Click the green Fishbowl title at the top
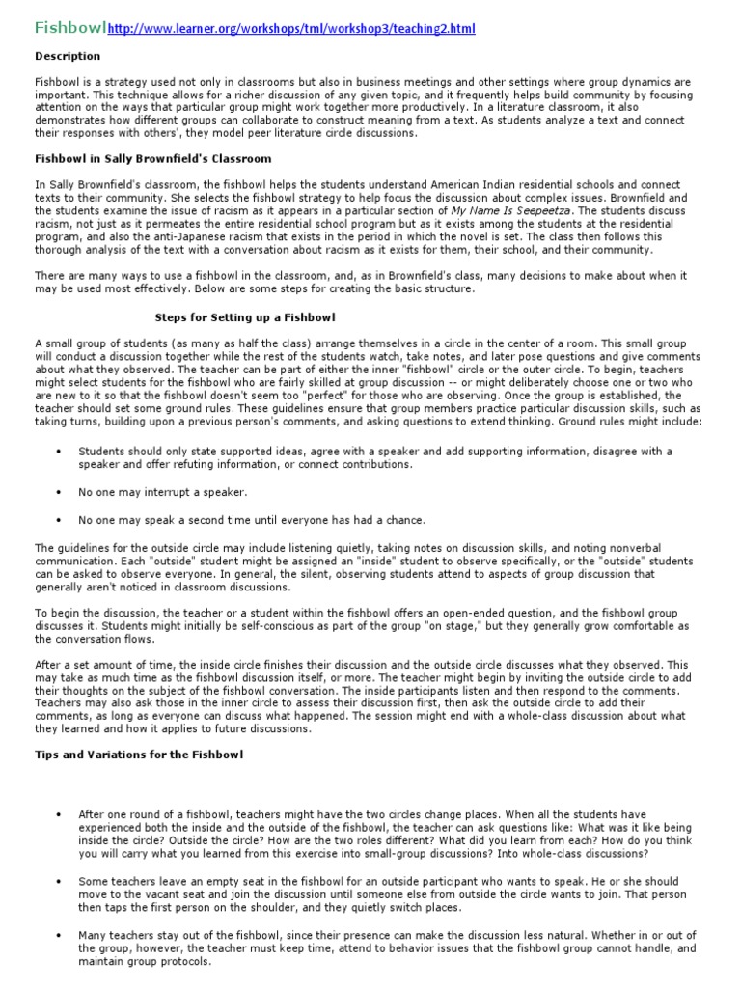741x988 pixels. (x=70, y=28)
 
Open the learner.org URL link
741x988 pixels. (x=291, y=30)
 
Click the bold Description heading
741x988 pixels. (x=69, y=56)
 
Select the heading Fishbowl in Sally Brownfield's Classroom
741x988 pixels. (x=153, y=158)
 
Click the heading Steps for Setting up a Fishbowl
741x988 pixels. (x=245, y=316)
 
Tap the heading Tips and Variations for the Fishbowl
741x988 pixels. (x=139, y=754)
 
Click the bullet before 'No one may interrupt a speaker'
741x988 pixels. (x=60, y=492)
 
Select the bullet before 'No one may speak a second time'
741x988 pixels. (x=60, y=520)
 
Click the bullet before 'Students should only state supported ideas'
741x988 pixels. (x=60, y=452)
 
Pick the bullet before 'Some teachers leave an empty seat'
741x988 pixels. (x=60, y=882)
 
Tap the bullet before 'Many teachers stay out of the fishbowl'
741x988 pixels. (x=60, y=936)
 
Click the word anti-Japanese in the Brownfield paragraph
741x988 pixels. (x=175, y=236)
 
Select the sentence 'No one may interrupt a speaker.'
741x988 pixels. (x=163, y=492)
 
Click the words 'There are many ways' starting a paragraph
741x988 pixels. (x=90, y=277)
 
